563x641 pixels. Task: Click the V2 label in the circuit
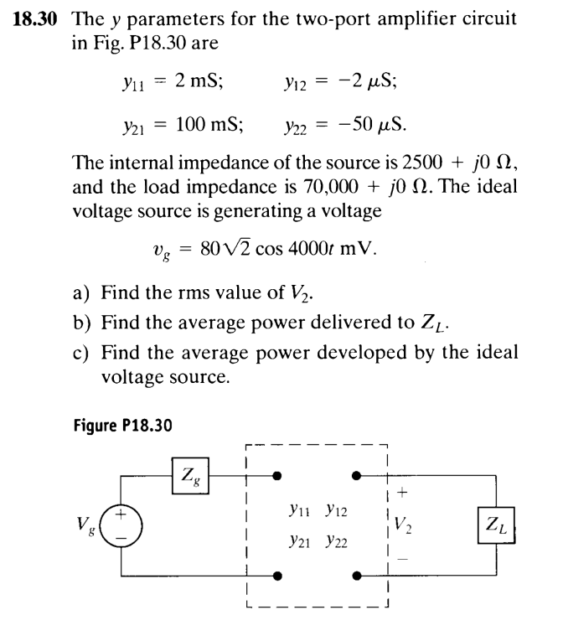click(x=402, y=529)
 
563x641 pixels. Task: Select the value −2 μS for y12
click(x=374, y=80)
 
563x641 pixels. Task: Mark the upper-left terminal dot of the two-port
click(x=278, y=476)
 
